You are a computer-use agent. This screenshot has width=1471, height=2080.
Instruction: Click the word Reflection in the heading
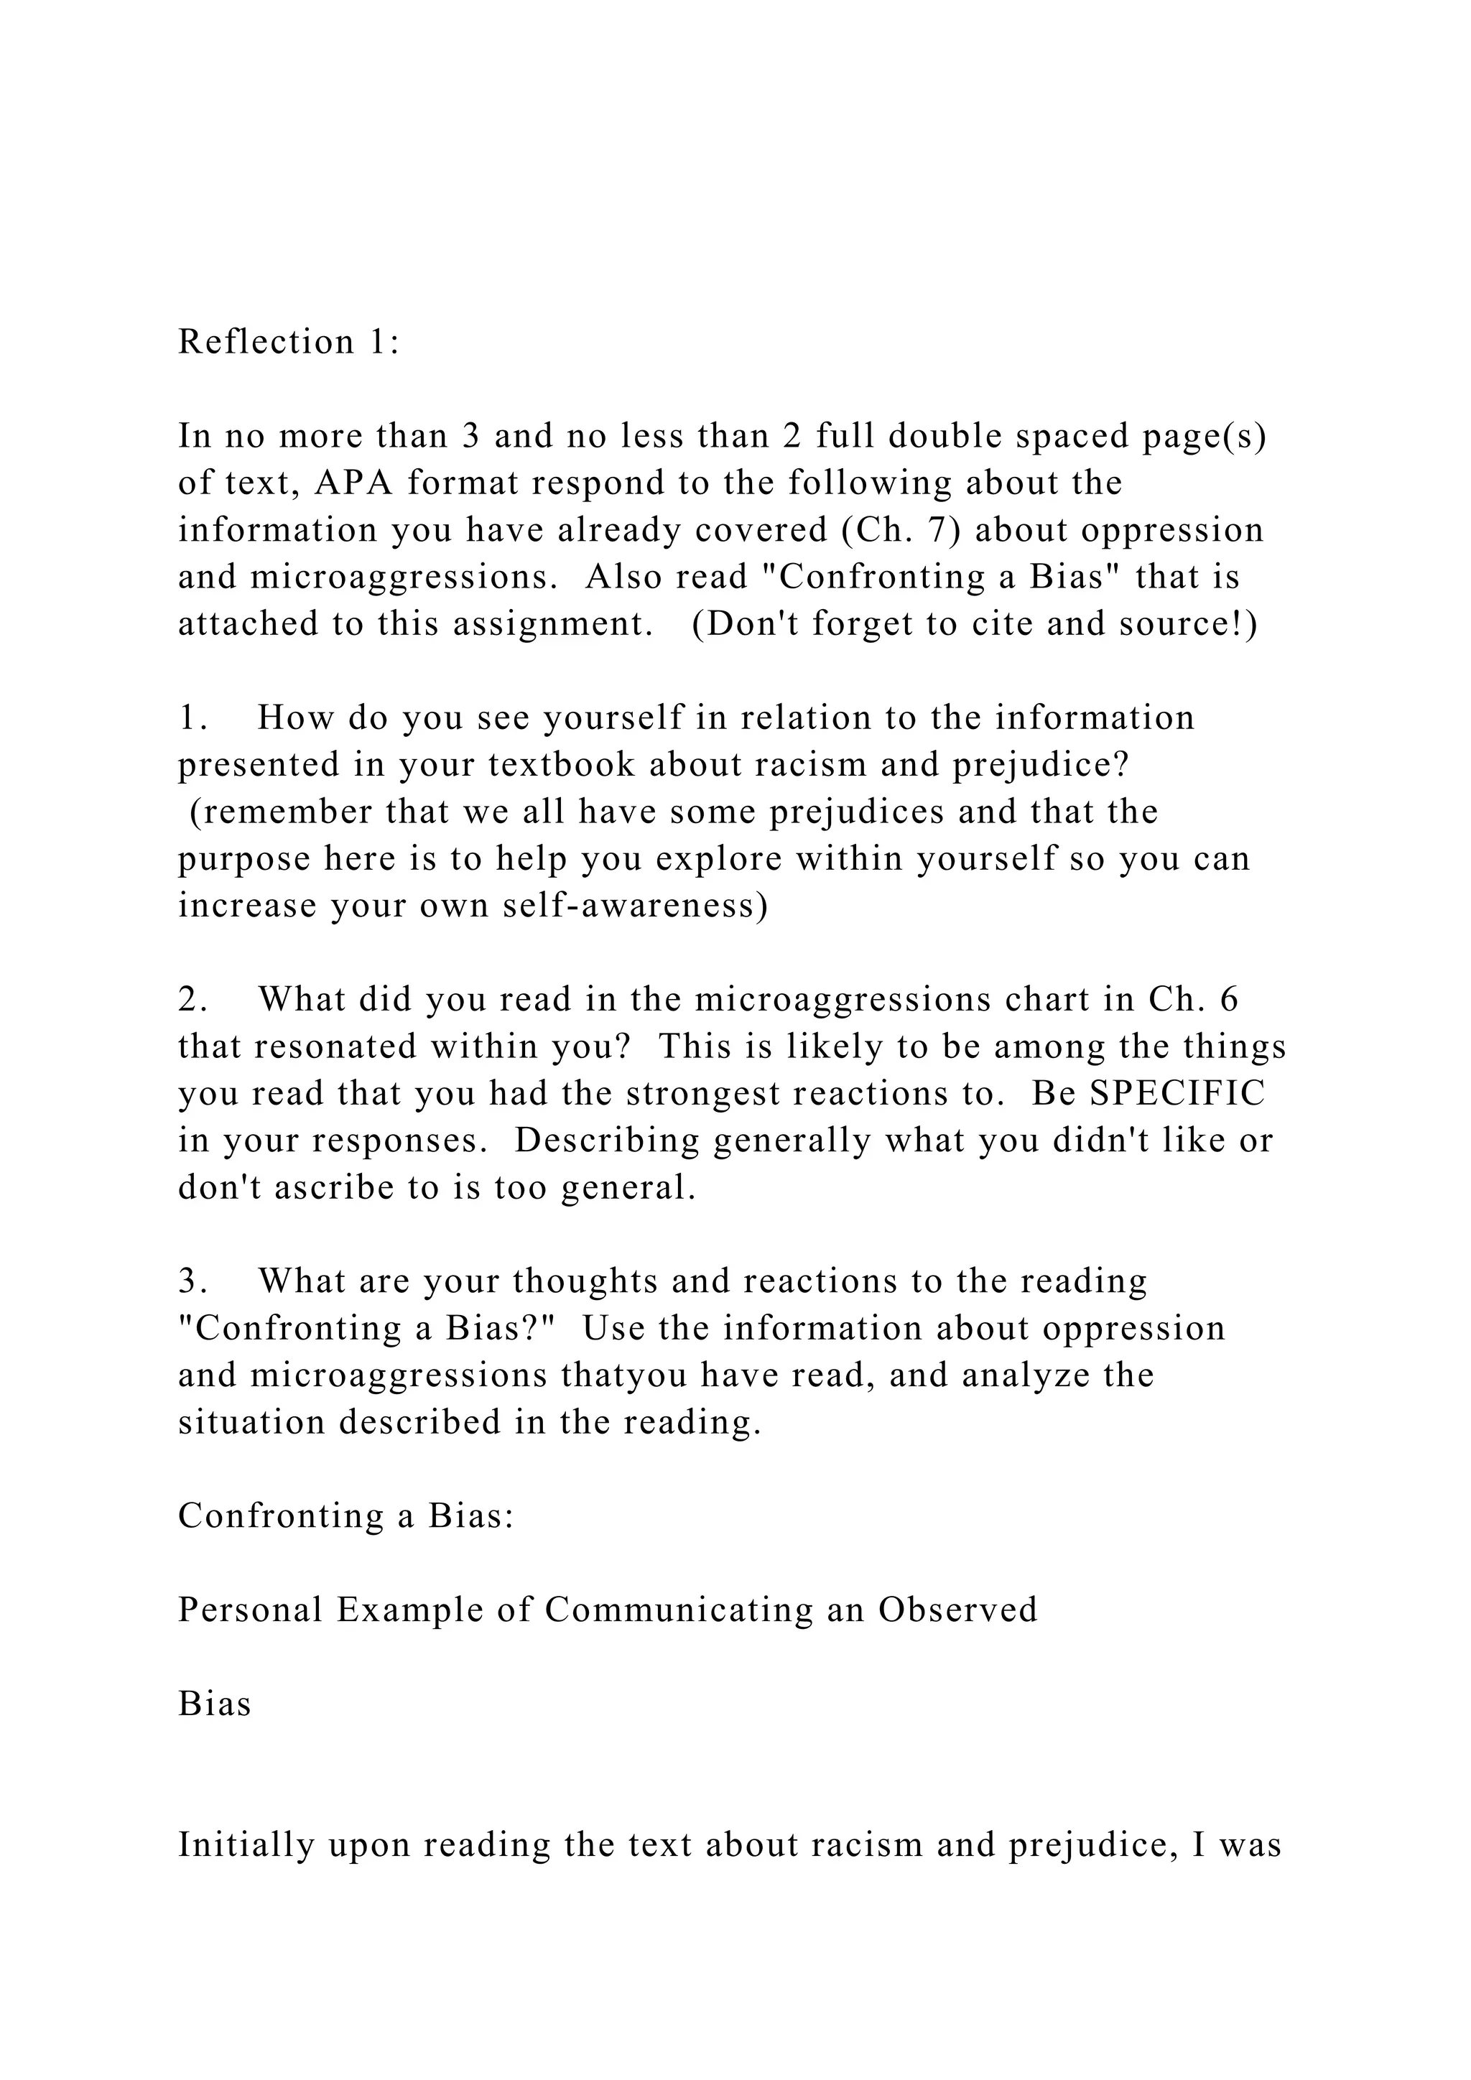click(x=265, y=343)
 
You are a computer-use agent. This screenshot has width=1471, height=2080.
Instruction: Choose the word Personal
click(x=250, y=1610)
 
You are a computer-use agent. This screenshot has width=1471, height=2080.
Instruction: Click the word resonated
click(x=330, y=1047)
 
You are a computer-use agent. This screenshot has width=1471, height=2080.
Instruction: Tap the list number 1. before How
click(x=194, y=718)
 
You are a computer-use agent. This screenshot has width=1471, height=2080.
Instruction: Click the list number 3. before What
click(x=194, y=1282)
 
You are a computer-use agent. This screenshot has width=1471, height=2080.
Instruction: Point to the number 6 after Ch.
click(x=1229, y=1000)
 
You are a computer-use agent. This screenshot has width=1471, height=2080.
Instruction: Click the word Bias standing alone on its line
click(x=215, y=1704)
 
